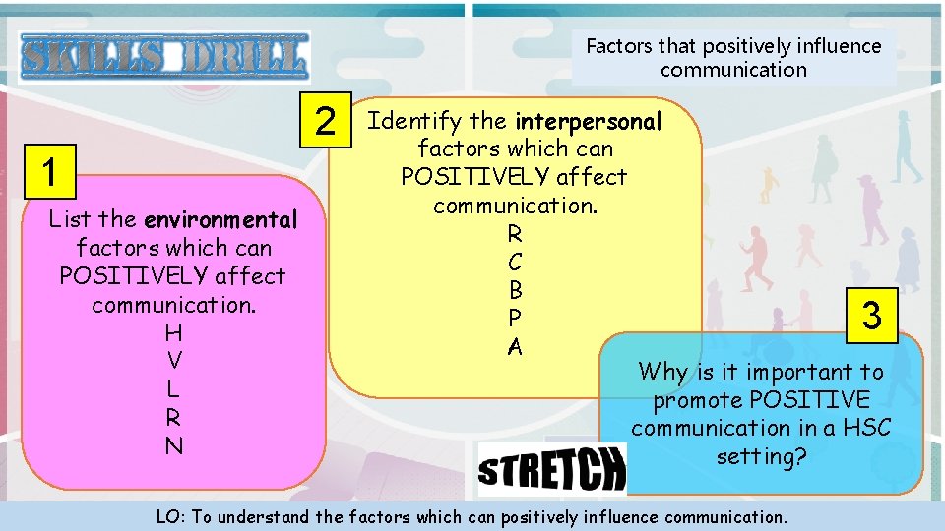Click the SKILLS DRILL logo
(x=164, y=56)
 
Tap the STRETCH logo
(x=551, y=468)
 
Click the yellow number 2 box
(x=326, y=121)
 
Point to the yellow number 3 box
(x=871, y=316)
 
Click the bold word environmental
(x=220, y=219)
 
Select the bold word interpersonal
(x=589, y=121)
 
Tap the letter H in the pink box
(x=174, y=332)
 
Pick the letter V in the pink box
(x=174, y=360)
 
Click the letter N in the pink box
(x=174, y=445)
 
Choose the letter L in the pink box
(x=174, y=388)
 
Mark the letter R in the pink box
(x=174, y=417)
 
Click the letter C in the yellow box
(x=515, y=263)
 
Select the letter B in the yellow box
(x=515, y=291)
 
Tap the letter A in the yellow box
(x=515, y=347)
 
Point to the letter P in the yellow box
(x=515, y=319)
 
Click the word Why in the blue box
(x=662, y=373)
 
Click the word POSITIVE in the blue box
(x=809, y=400)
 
